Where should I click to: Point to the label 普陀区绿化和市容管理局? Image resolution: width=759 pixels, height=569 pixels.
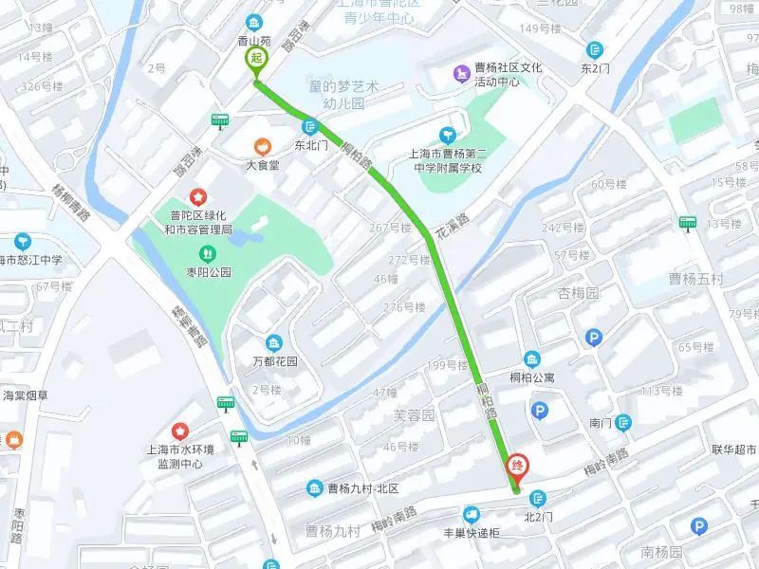click(x=199, y=222)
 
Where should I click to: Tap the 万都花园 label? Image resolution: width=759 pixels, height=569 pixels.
click(x=274, y=361)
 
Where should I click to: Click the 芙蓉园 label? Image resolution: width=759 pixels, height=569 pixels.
click(x=414, y=414)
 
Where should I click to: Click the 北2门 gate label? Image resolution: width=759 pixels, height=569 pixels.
click(x=539, y=518)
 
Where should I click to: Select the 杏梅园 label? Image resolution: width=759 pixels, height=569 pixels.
click(x=579, y=293)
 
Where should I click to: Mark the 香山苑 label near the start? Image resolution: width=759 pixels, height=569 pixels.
click(x=254, y=42)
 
